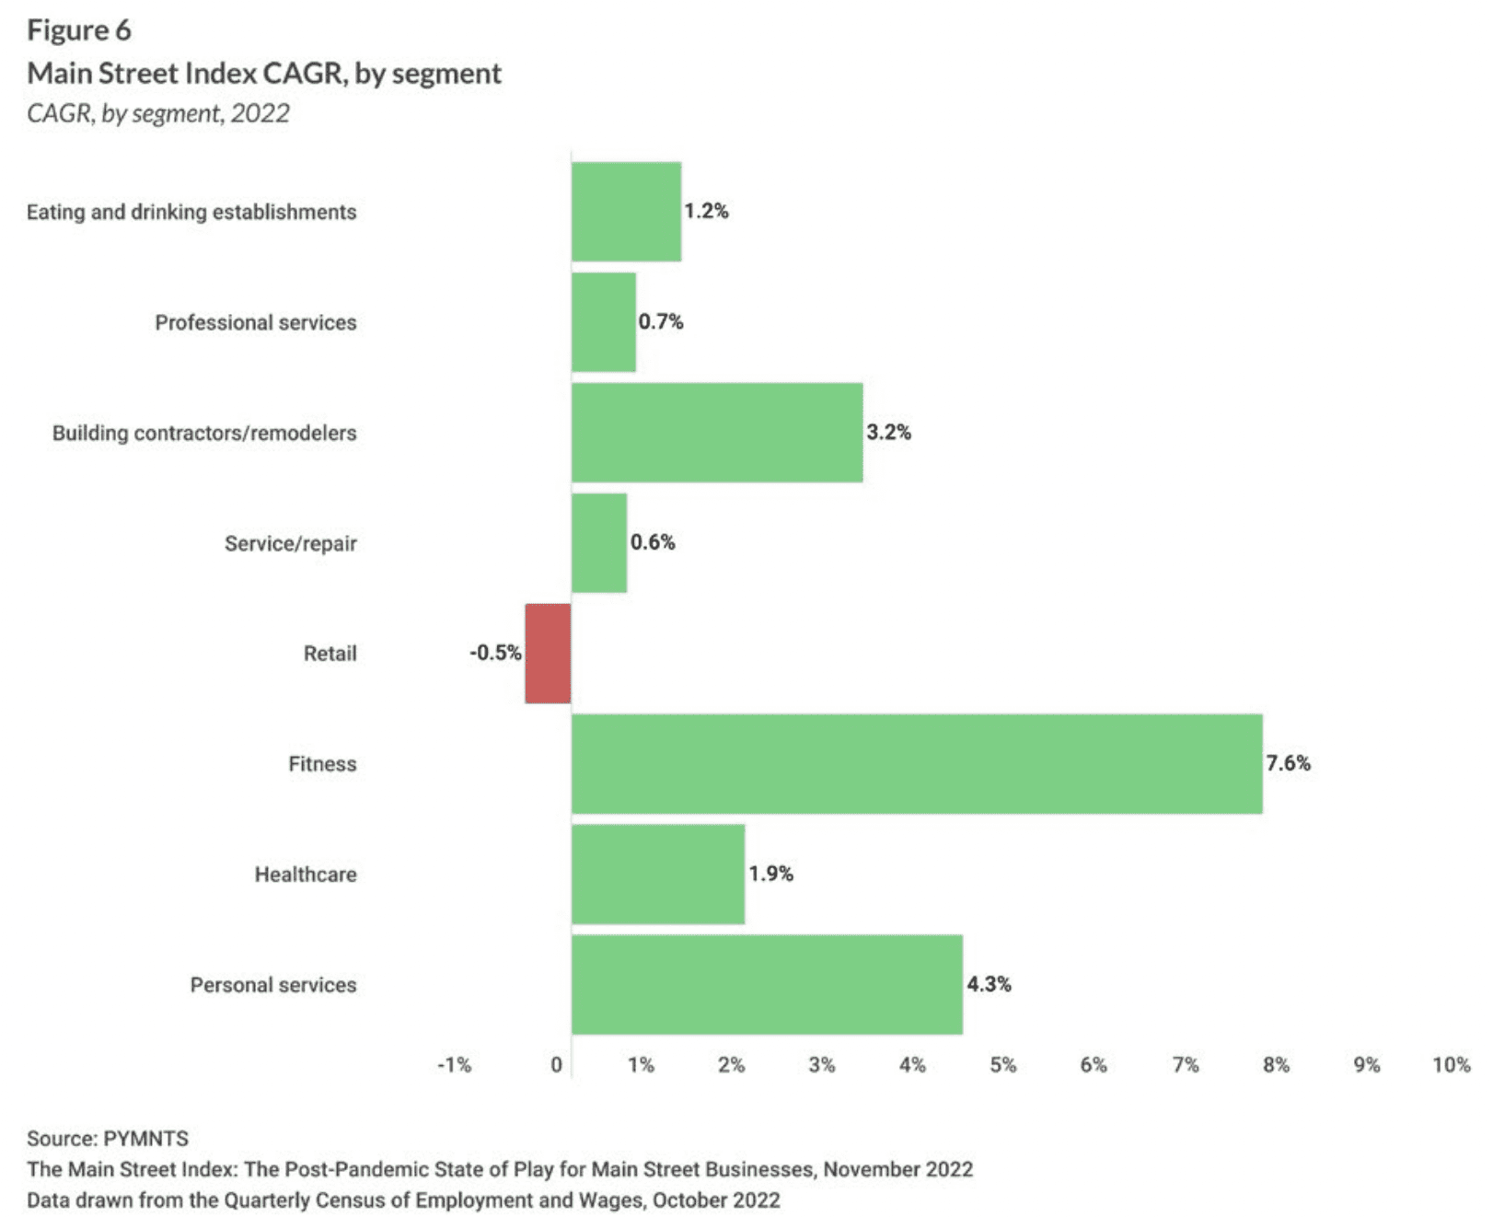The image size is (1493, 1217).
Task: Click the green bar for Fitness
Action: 917,763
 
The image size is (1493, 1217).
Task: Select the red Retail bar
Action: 548,654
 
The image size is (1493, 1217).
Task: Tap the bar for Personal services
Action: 767,984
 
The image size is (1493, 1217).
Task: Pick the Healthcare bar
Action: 658,874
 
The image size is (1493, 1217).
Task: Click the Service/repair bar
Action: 599,543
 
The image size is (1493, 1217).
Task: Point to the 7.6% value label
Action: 1288,763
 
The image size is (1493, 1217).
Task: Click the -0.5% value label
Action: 495,653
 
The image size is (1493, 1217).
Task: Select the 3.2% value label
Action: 888,432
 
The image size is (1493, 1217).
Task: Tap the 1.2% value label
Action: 706,211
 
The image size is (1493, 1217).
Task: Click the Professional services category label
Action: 255,322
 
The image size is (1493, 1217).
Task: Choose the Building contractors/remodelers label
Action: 203,433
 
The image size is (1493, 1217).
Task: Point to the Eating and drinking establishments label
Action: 191,212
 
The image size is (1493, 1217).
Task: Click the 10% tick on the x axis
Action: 1451,1065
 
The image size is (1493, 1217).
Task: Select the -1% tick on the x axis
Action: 454,1065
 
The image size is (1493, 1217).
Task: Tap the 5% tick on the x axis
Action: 1002,1065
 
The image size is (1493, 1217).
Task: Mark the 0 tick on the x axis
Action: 556,1065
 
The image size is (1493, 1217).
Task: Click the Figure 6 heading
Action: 79,30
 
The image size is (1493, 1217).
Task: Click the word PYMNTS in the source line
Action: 145,1139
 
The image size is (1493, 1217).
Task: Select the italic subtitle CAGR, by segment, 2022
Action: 158,113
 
